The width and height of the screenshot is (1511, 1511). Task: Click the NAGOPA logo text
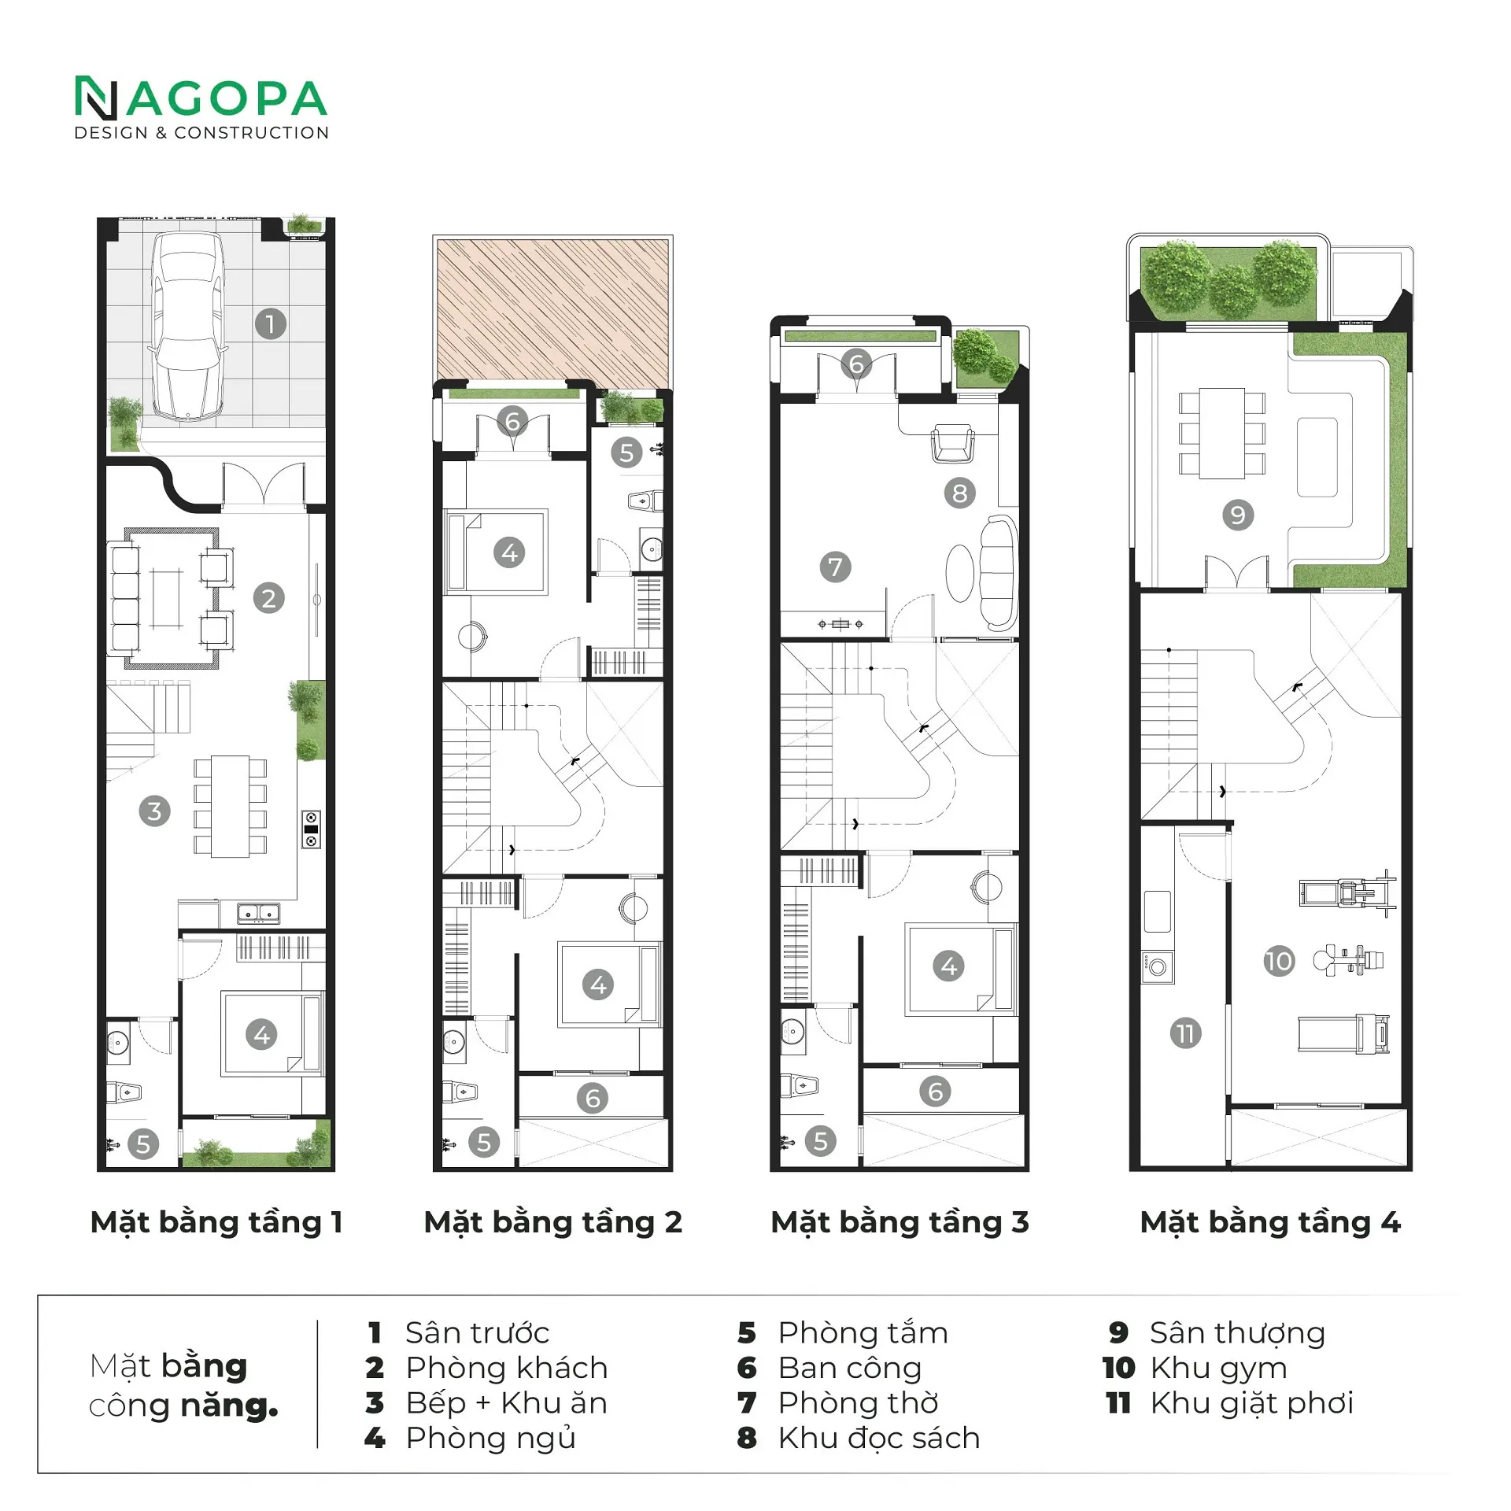click(201, 98)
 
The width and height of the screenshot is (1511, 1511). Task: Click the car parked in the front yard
click(188, 327)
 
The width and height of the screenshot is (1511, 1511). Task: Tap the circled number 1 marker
click(270, 323)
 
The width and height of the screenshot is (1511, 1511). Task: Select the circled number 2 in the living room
click(268, 598)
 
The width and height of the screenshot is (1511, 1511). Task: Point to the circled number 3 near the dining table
click(154, 811)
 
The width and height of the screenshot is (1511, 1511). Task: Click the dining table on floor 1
click(230, 807)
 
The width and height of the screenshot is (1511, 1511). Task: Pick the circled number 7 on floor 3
click(835, 567)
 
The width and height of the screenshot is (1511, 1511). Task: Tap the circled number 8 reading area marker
click(959, 493)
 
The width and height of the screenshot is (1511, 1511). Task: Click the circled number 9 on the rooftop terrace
click(1238, 515)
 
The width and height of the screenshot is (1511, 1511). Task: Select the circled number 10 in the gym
click(1279, 961)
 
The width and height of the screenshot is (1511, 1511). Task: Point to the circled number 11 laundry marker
click(1185, 1033)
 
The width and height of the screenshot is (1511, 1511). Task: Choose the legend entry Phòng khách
click(507, 1368)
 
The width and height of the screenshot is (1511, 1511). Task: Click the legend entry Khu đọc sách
click(879, 1438)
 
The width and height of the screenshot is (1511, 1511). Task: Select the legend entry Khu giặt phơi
click(1251, 1403)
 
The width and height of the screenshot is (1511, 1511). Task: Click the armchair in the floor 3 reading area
click(952, 445)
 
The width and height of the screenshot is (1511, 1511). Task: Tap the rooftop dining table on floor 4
click(1222, 433)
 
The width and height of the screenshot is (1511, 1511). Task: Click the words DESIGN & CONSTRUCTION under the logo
click(201, 133)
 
